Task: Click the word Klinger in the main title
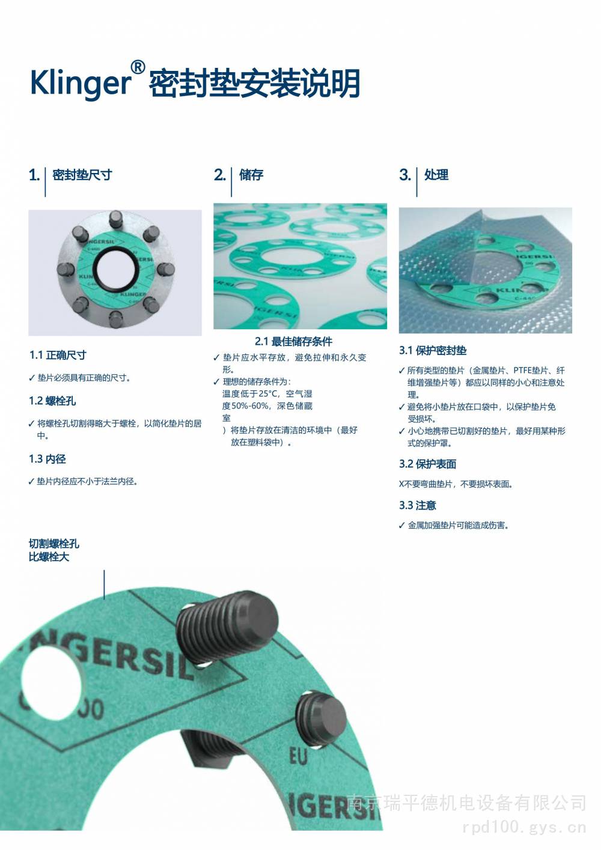point(81,83)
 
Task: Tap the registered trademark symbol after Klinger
point(138,67)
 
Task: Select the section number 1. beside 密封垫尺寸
point(34,175)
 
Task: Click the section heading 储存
point(251,175)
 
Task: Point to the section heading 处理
point(436,175)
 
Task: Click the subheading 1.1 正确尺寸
point(58,355)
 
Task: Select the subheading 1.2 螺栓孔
point(52,401)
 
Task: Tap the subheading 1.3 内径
point(47,459)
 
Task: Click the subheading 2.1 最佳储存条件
point(293,342)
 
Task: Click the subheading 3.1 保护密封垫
point(433,350)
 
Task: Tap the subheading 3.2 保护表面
point(427,464)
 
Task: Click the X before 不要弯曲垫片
point(401,484)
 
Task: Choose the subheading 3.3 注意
point(418,505)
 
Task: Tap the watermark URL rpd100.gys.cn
point(524,827)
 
